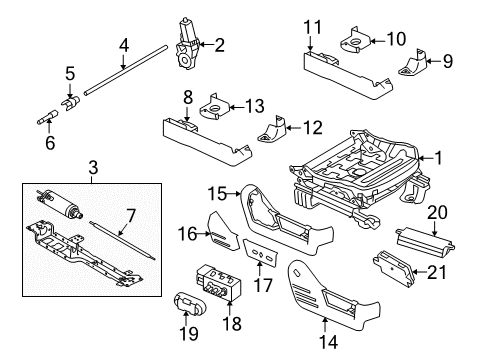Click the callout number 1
pos(438,158)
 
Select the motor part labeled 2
pos(186,44)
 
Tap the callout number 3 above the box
pos(93,167)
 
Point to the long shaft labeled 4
pos(125,70)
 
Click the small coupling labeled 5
pos(71,102)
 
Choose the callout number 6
pos(50,143)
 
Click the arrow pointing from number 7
pos(123,228)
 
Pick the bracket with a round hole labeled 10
pos(355,42)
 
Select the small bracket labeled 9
pos(413,63)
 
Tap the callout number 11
pos(313,27)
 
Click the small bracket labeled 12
pos(272,129)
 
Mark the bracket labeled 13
pos(214,107)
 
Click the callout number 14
pos(329,342)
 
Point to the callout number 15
pos(217,194)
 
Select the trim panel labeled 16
pos(223,232)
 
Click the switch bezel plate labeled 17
pos(261,252)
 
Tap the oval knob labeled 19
pos(189,303)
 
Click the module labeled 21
pos(394,269)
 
